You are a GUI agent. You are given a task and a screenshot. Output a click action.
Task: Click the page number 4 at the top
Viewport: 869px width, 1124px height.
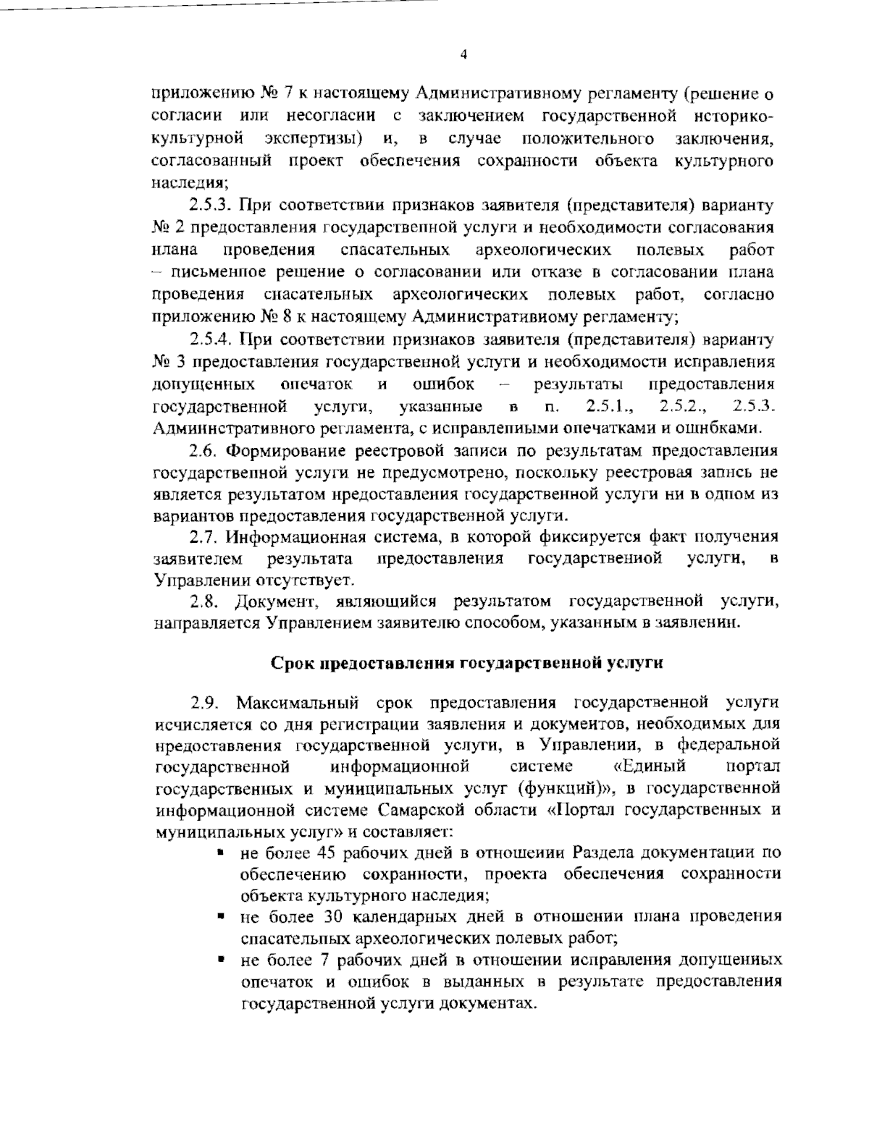[x=463, y=54]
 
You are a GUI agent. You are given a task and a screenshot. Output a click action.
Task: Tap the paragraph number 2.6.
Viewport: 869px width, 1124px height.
[x=202, y=452]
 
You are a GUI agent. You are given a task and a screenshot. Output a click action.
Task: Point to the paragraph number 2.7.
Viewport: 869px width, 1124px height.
[x=202, y=537]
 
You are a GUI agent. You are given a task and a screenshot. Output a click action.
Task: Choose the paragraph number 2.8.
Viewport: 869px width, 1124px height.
[x=202, y=601]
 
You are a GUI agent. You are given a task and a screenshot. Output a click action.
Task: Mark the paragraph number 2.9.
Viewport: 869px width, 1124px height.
[x=203, y=703]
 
